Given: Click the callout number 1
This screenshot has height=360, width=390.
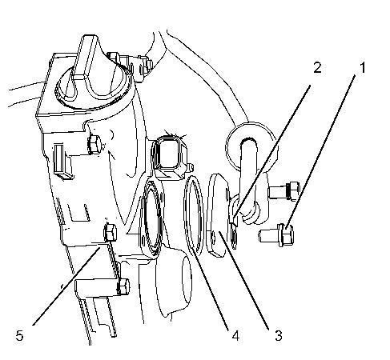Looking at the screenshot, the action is [x=362, y=67].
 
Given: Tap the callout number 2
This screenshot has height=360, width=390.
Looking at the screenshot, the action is [x=317, y=67].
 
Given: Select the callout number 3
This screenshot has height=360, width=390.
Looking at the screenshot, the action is [x=279, y=335].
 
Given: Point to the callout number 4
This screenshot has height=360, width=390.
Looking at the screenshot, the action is [x=235, y=335].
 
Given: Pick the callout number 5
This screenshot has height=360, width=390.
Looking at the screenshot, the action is [x=19, y=335].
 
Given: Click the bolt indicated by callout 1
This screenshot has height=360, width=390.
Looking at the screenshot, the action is [x=276, y=235].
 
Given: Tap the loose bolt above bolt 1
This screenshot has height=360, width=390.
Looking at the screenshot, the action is [x=284, y=191].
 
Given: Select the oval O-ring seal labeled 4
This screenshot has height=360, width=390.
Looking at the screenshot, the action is [x=194, y=215].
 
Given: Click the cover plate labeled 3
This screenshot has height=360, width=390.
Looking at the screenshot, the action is [x=218, y=215].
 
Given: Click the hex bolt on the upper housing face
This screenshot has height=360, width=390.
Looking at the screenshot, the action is [x=94, y=145].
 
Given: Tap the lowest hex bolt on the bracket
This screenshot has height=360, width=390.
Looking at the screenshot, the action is [x=123, y=286].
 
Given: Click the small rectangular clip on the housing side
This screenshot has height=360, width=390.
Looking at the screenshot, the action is [x=63, y=162].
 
